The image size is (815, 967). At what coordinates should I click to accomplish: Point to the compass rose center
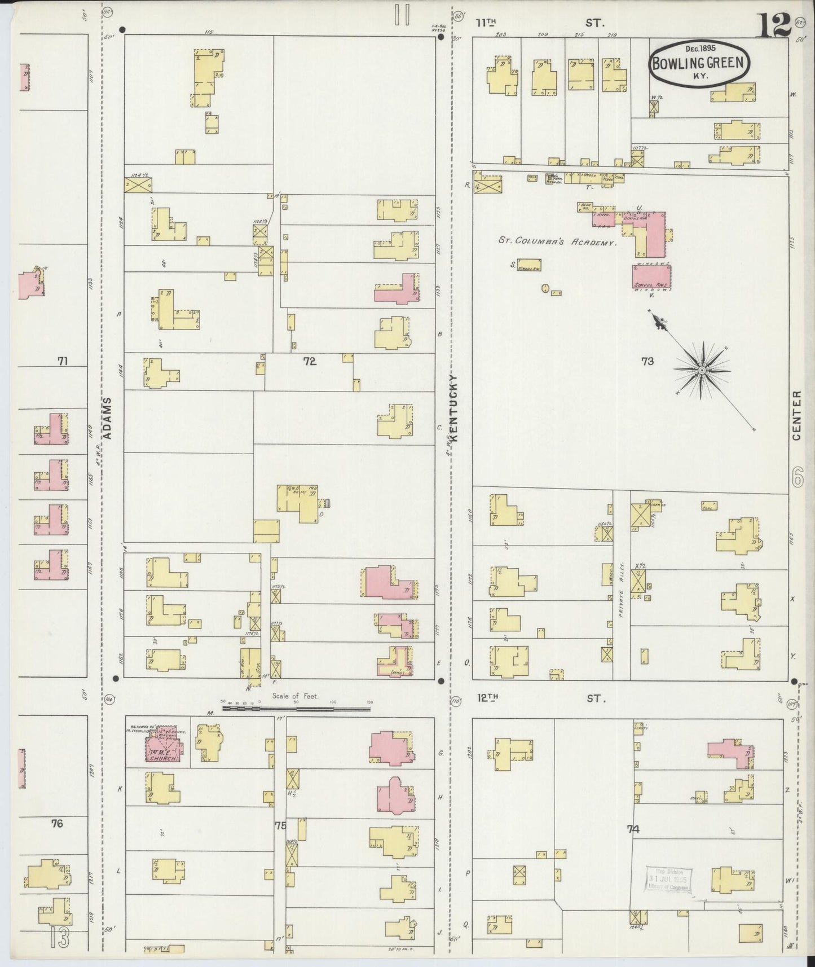(701, 370)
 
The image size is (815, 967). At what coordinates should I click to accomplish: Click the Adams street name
(108, 418)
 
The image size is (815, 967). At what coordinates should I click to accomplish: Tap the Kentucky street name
(453, 407)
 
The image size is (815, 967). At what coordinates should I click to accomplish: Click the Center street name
(797, 416)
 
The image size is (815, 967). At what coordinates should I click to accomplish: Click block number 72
(309, 361)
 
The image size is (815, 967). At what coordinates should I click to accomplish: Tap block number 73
(647, 361)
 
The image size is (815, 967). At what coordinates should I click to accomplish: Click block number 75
(280, 826)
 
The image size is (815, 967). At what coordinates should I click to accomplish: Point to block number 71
(62, 361)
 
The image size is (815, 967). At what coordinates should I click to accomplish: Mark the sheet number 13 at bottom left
(60, 937)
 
